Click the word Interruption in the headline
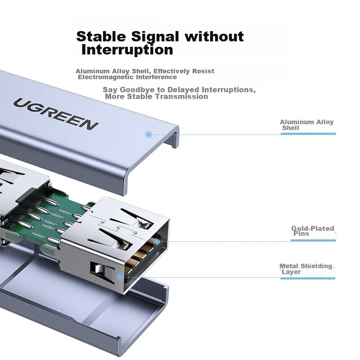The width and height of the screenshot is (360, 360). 127,49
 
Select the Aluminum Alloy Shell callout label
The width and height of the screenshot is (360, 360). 306,125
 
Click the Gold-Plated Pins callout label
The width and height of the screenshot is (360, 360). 312,231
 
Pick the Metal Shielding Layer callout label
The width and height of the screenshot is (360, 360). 306,269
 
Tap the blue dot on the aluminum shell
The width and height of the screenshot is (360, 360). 148,134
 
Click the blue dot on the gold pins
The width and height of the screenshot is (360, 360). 156,241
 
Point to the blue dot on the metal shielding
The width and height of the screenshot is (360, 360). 119,277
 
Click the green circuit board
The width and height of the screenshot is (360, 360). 49,216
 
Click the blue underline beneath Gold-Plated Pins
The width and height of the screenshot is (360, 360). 313,240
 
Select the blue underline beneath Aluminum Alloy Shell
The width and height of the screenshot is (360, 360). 308,134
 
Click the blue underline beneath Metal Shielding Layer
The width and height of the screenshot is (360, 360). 308,279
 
